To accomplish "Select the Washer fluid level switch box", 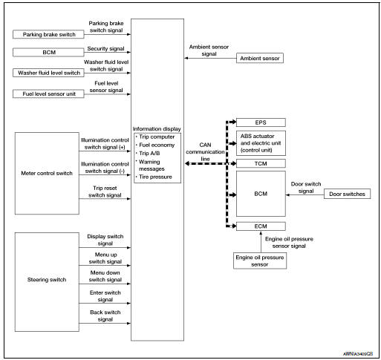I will point(47,73).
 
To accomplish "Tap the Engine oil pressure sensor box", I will point(259,260).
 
